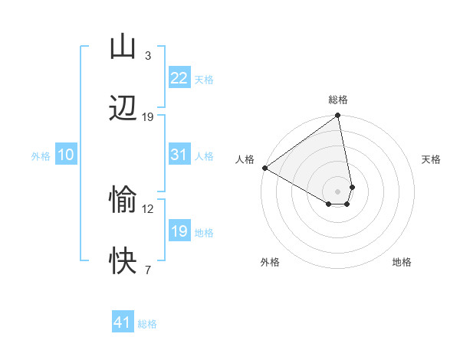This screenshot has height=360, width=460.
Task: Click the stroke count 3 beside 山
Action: (148, 56)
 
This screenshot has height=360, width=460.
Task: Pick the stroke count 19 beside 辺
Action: (148, 117)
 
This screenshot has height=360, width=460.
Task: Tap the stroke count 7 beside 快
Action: (148, 270)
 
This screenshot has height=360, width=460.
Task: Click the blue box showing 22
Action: (179, 78)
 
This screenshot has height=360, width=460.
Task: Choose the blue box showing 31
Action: (179, 155)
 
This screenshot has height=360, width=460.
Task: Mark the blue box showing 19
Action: (179, 231)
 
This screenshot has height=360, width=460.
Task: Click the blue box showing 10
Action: (66, 155)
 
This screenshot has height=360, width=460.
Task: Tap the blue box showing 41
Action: (123, 323)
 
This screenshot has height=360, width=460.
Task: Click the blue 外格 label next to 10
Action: (41, 156)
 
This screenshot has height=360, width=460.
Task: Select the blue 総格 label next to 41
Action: (147, 324)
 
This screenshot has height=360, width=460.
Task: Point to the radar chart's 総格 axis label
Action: (338, 100)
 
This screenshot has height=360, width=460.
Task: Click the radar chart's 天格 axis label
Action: (431, 159)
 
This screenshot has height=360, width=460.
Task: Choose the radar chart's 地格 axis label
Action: (402, 262)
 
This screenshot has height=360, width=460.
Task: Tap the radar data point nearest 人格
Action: (264, 168)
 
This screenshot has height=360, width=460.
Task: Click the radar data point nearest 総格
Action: (338, 116)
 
